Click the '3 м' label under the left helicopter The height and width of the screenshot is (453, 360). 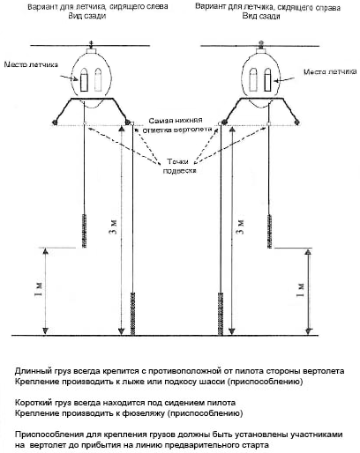point(115,226)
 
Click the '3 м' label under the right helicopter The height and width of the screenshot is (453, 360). point(241,226)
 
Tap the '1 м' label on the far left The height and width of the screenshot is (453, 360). point(40,289)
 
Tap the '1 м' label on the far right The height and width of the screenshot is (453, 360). point(300,290)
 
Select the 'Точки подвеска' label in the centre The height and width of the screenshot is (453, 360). point(179,166)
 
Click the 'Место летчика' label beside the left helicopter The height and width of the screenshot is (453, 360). point(31,64)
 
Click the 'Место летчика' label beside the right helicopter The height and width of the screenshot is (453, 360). point(330,71)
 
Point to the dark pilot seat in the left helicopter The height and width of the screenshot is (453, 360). point(84,80)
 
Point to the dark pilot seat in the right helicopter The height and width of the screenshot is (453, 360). point(267,80)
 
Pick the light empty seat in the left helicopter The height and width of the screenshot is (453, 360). point(98,79)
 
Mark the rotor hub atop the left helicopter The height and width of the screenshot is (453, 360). point(91,50)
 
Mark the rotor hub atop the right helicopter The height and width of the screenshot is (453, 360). point(260,50)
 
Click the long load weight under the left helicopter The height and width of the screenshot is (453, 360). point(132,314)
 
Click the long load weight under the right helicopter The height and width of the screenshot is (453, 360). point(221,314)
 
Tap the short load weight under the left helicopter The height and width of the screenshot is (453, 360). point(85,232)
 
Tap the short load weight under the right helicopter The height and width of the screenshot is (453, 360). point(269,232)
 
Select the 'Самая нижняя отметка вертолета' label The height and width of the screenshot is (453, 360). point(177,125)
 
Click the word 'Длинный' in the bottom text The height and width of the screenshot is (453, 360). point(32,371)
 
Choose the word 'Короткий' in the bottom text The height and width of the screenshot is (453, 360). point(33,403)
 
